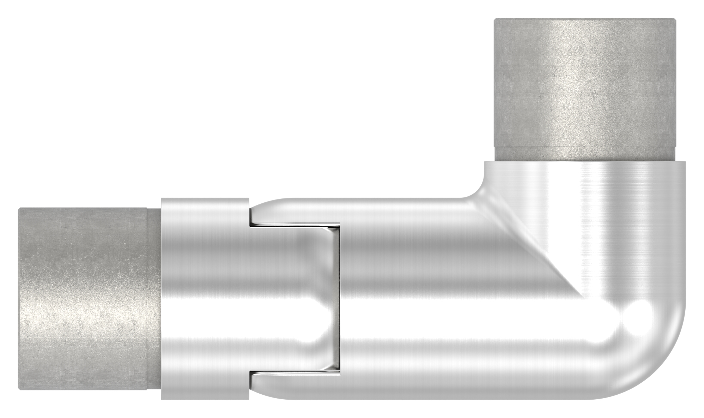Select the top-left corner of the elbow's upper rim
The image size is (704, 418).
(486, 163)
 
